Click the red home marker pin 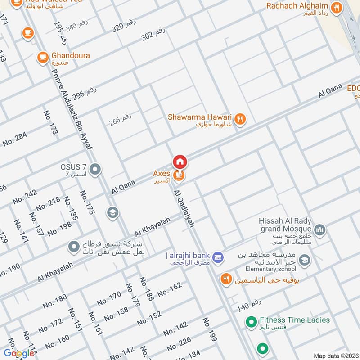[180, 161]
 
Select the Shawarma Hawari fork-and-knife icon [241, 118]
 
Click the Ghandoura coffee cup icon [43, 57]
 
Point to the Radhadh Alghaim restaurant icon [335, 7]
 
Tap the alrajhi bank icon [218, 256]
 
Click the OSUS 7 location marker [95, 170]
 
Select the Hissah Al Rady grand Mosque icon [319, 230]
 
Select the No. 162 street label [169, 289]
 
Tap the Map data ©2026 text [335, 355]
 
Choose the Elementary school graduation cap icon [305, 260]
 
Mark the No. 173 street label [50, 122]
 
